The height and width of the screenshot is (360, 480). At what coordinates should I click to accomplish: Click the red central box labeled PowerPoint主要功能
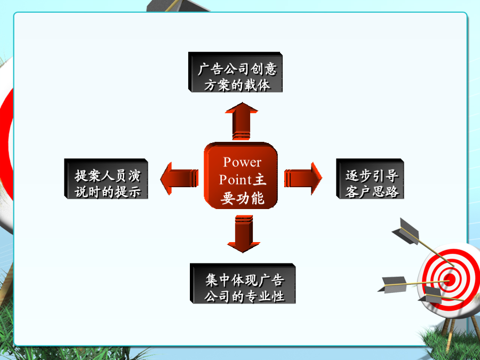(x=241, y=175)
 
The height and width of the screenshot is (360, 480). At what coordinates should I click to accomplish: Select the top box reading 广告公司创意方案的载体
(x=235, y=72)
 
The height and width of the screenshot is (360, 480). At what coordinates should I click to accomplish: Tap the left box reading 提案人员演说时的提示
(x=106, y=179)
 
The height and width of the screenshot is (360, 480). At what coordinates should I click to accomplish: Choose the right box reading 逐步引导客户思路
(x=370, y=179)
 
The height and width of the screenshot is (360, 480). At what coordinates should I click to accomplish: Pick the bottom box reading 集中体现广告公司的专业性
(x=243, y=284)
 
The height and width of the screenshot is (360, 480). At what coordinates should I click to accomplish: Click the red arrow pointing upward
(x=242, y=121)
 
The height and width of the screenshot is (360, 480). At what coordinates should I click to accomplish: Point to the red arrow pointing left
(x=179, y=179)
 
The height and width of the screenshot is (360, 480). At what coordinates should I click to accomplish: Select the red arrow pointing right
(x=303, y=179)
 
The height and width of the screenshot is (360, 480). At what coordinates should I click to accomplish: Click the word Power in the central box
(x=242, y=162)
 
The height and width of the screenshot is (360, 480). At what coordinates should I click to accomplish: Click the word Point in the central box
(x=235, y=180)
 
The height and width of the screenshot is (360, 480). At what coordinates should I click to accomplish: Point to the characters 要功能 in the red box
(x=243, y=198)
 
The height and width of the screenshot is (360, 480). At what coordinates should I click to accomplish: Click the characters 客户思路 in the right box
(x=372, y=191)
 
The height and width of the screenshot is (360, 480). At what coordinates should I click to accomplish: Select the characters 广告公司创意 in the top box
(x=237, y=69)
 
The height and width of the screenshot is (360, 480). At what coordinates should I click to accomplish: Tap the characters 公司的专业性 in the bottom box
(x=244, y=297)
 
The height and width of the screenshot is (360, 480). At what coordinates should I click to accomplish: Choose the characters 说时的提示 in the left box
(x=108, y=192)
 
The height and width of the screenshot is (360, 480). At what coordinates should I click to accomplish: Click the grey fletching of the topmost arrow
(x=406, y=231)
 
